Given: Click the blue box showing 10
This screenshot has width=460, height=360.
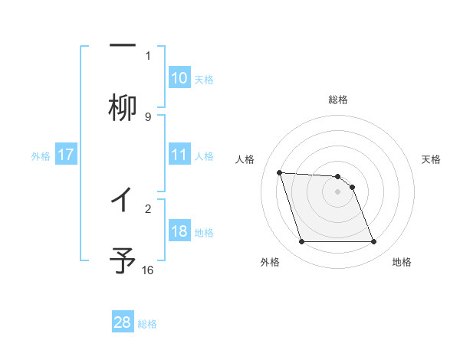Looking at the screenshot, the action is pos(179,78).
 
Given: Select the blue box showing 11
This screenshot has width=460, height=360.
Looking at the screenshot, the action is pos(179,155).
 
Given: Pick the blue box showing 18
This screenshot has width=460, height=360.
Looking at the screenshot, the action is pos(179,231).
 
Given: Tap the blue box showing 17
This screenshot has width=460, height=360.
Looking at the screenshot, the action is pos(65,155).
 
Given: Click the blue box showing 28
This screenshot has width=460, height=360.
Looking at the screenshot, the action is pos(123,322).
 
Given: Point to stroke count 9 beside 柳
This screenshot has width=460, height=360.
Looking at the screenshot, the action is pos(148,116).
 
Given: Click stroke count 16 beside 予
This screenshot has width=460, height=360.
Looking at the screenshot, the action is pos(148,270).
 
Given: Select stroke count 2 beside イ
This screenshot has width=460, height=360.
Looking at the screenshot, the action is pos(148,207).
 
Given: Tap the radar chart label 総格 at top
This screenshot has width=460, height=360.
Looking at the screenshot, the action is pos(338,100).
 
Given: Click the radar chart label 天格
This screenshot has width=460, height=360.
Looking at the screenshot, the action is pos(431,159).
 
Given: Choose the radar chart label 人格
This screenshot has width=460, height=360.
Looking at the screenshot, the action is pos(245,159).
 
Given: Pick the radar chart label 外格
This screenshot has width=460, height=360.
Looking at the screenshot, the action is pos(270,262).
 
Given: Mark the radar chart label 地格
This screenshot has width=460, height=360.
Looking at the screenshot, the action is pos(402,262).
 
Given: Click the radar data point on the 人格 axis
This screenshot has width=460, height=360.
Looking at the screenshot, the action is pos(279,172).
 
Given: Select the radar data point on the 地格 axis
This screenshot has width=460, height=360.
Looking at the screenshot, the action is pos(373,242).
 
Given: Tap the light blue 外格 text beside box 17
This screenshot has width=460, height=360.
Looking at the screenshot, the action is pos(41,155).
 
